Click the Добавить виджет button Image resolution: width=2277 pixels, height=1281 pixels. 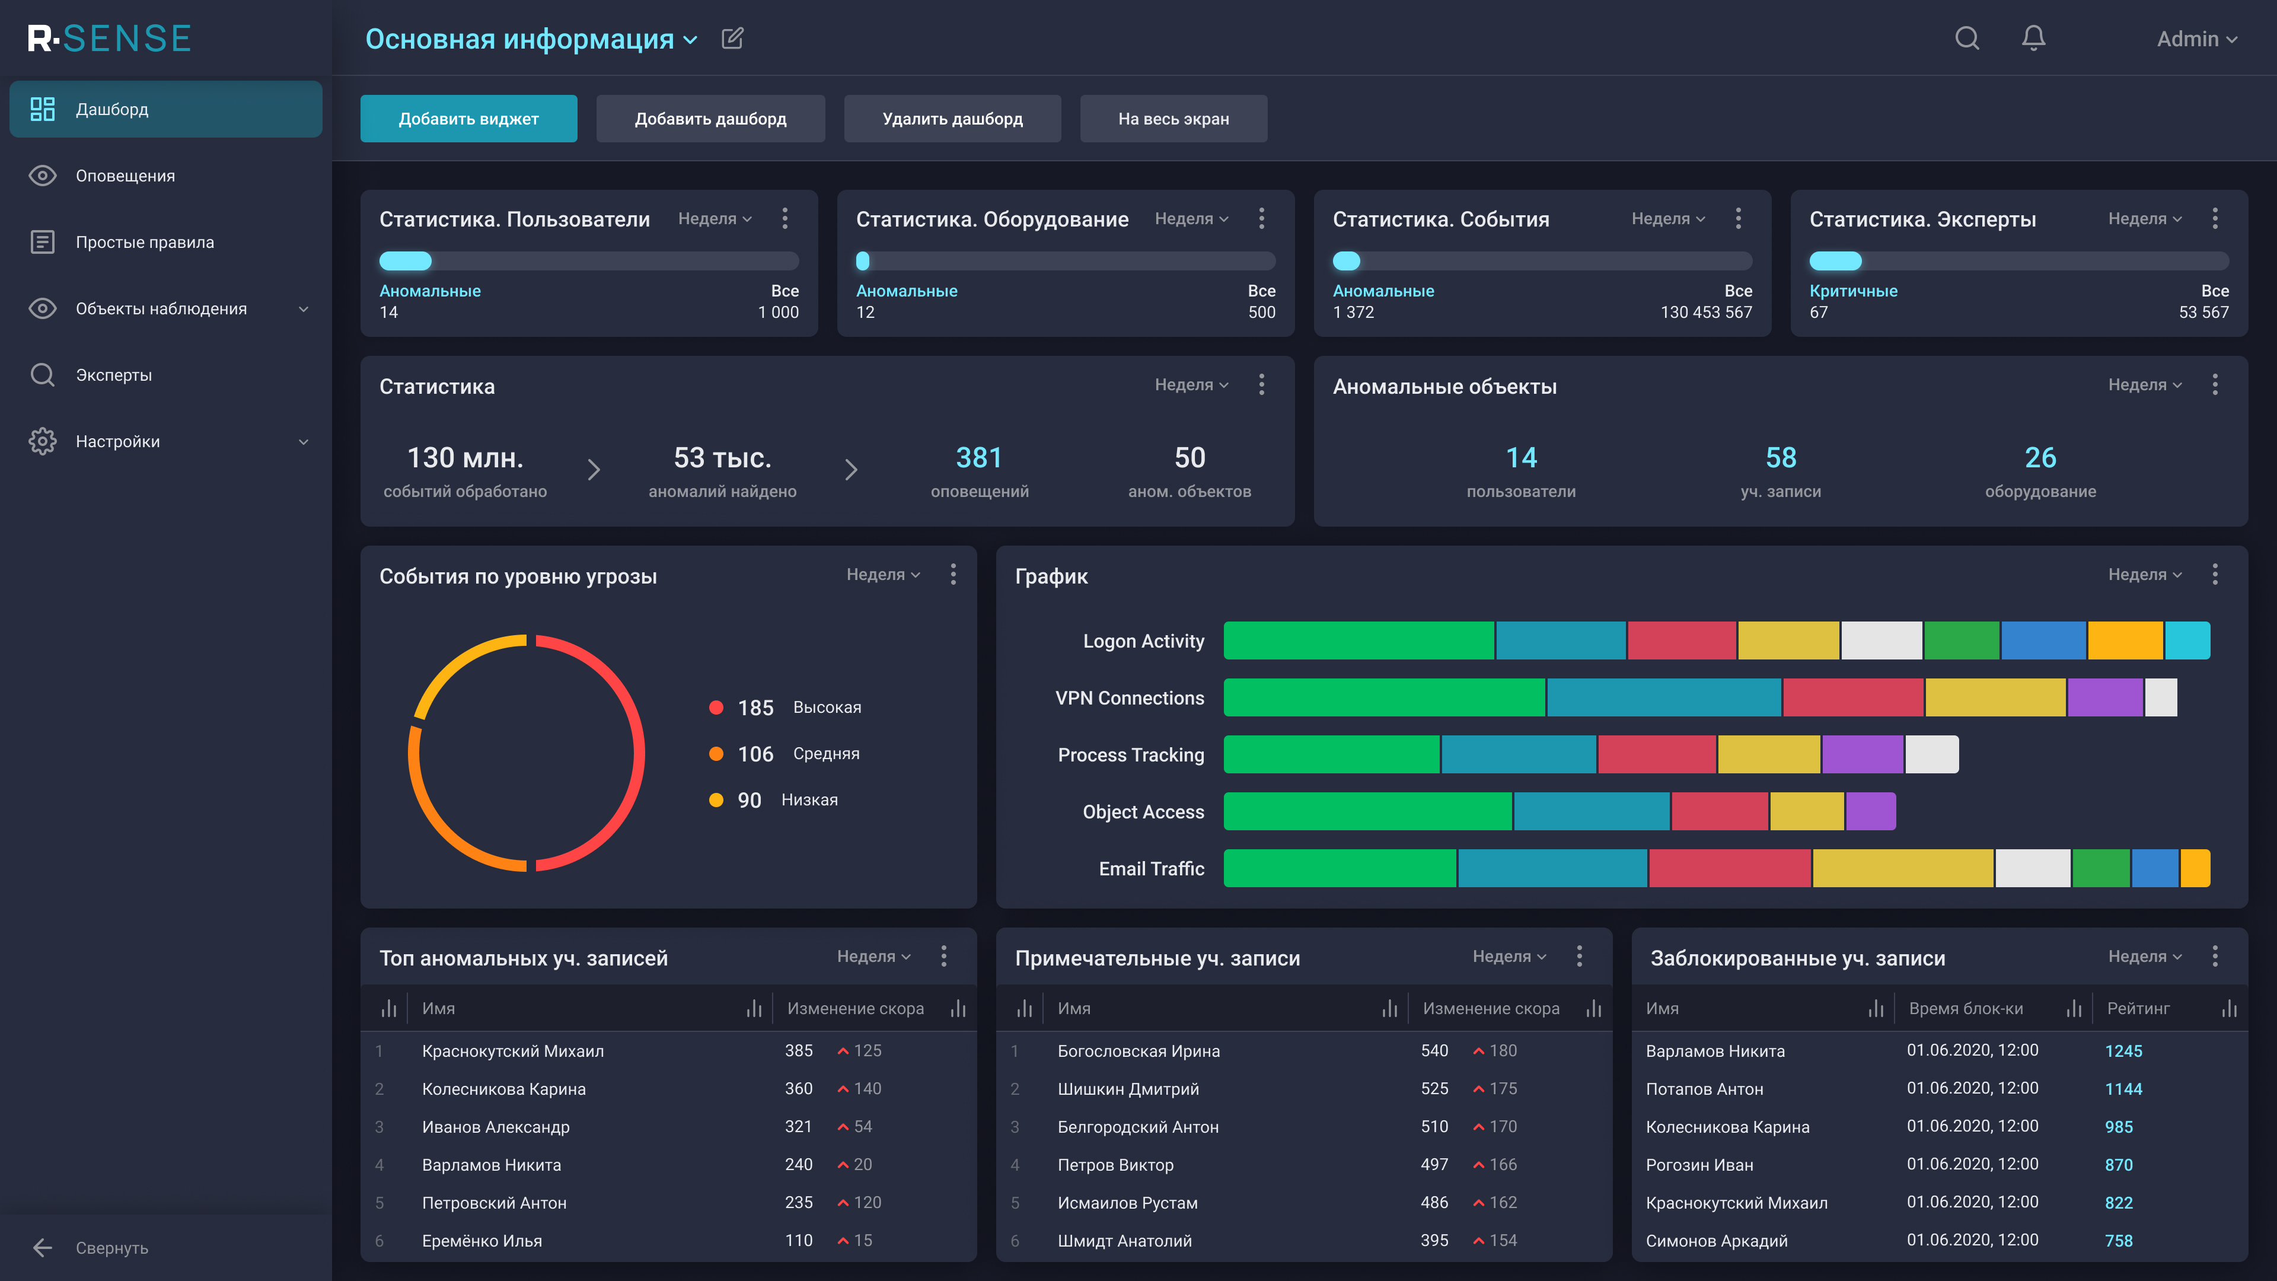468,119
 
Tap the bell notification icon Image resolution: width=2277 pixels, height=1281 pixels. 2033,38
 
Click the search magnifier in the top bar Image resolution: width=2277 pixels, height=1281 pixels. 1967,38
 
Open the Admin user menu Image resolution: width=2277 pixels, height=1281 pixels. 2196,39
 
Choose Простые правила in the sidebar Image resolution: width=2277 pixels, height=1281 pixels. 145,242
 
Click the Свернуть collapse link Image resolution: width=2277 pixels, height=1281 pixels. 111,1247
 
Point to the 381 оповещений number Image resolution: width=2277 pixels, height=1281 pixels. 978,457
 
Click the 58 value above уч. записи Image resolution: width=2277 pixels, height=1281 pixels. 1780,457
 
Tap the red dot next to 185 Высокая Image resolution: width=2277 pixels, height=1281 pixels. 716,708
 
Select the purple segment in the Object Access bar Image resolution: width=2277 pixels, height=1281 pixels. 1870,811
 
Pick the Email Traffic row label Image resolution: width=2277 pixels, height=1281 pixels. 1151,868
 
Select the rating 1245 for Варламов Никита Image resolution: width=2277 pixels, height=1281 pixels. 2123,1051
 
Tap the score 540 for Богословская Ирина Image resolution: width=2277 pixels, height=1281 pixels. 1434,1050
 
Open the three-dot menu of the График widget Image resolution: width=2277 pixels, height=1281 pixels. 2214,575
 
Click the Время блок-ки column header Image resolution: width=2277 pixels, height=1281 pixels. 1966,1009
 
